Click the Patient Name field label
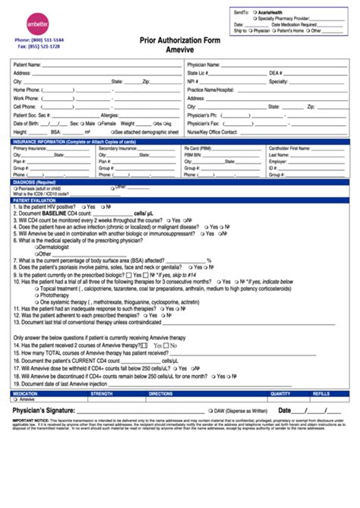(x=28, y=65)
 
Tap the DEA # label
(x=276, y=73)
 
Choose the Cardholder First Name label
(x=289, y=148)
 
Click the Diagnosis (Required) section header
(x=34, y=182)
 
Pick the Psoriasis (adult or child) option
(x=43, y=188)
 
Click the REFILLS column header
(x=321, y=394)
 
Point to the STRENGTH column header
(x=102, y=394)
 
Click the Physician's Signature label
(x=48, y=410)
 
